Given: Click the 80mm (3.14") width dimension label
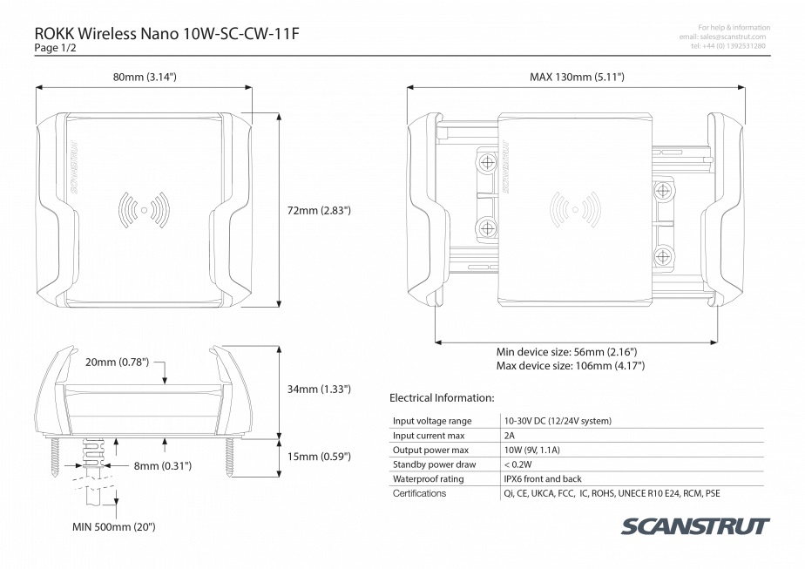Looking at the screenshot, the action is pyautogui.click(x=145, y=77).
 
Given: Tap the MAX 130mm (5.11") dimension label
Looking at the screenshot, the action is pyautogui.click(x=577, y=77).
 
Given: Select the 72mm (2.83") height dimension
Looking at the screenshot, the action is pyautogui.click(x=319, y=210).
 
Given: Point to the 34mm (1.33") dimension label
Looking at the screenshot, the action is pyautogui.click(x=319, y=389).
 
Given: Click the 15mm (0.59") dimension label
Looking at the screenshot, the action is pyautogui.click(x=319, y=457).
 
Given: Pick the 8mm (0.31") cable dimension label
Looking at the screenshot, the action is pyautogui.click(x=163, y=466).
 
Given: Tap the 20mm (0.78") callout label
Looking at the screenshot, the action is pyautogui.click(x=117, y=362).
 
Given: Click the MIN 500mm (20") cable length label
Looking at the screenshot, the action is pyautogui.click(x=113, y=526).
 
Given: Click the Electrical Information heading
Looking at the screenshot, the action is pyautogui.click(x=442, y=397).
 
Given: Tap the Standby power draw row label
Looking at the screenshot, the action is pyautogui.click(x=435, y=464).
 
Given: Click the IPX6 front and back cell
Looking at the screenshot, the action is pyautogui.click(x=543, y=478).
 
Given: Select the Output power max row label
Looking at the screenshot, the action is pyautogui.click(x=430, y=450).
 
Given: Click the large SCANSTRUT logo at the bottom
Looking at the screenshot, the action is pyautogui.click(x=695, y=526).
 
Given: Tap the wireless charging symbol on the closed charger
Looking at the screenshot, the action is pyautogui.click(x=145, y=209).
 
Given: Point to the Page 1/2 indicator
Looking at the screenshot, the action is pyautogui.click(x=55, y=48).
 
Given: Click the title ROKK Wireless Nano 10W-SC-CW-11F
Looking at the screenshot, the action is pyautogui.click(x=167, y=33).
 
